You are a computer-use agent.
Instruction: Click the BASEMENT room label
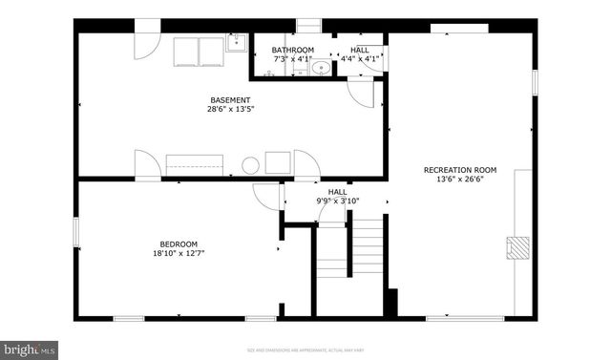pyautogui.click(x=230, y=100)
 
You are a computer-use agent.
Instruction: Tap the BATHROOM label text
pyautogui.click(x=292, y=50)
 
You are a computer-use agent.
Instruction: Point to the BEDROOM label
pyautogui.click(x=179, y=244)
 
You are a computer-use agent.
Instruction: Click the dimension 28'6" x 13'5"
pyautogui.click(x=230, y=110)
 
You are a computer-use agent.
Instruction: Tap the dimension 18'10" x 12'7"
pyautogui.click(x=179, y=253)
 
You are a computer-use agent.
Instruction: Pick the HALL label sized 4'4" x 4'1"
pyautogui.click(x=360, y=50)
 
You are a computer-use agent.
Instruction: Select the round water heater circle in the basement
pyautogui.click(x=251, y=165)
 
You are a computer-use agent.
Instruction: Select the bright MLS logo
pyautogui.click(x=30, y=349)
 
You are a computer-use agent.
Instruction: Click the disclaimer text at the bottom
pyautogui.click(x=305, y=350)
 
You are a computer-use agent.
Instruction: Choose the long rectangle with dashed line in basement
pyautogui.click(x=194, y=164)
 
